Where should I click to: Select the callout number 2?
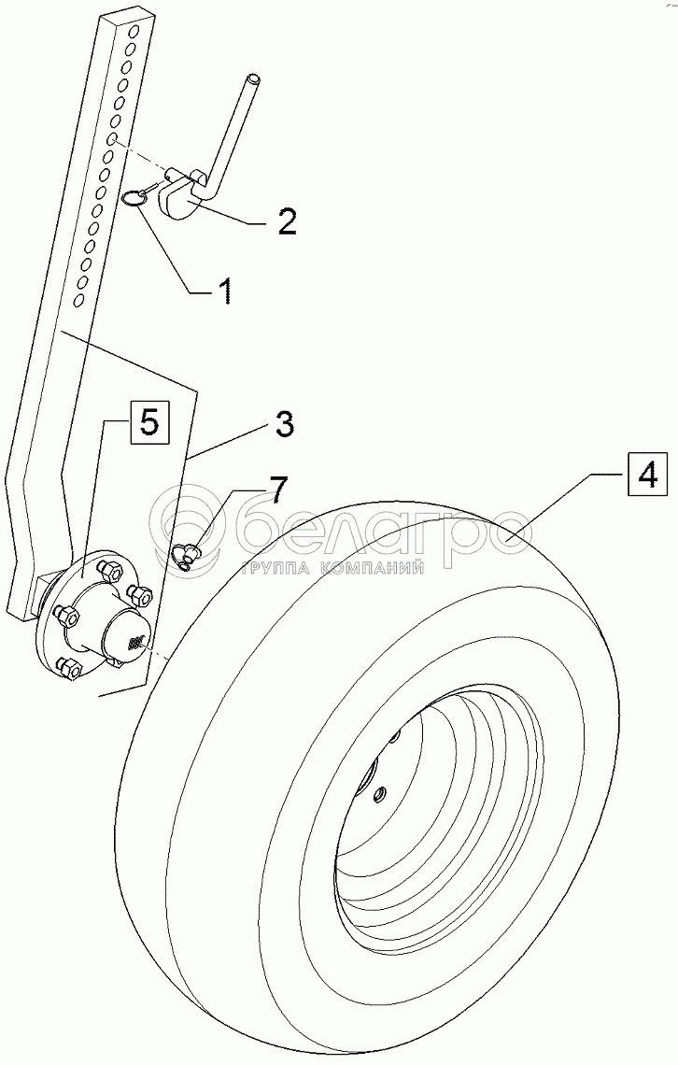[286, 221]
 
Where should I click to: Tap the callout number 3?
[285, 424]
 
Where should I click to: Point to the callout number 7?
[278, 489]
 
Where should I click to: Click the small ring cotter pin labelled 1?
[133, 195]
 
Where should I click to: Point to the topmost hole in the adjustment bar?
[134, 34]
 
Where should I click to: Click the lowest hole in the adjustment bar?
[80, 299]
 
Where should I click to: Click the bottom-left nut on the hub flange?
[67, 666]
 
